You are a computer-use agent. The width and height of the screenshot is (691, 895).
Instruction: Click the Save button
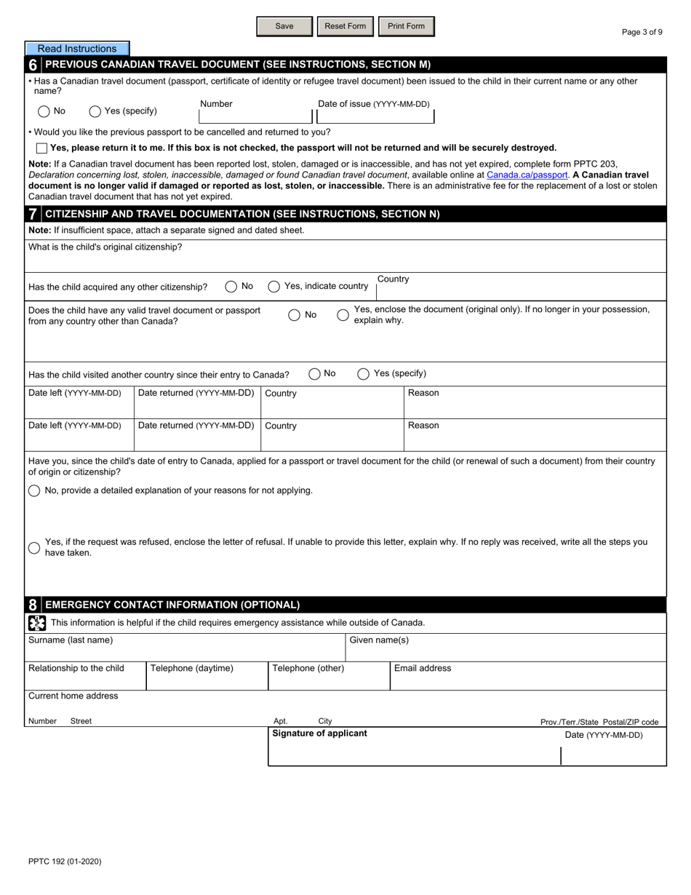[x=284, y=26]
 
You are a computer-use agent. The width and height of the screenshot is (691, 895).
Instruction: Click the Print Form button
[x=406, y=26]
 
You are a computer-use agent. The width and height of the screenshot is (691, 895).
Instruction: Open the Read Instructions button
[x=77, y=49]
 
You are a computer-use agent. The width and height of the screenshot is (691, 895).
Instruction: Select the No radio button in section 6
[x=44, y=111]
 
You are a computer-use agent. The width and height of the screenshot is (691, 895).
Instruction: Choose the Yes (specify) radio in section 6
[x=95, y=111]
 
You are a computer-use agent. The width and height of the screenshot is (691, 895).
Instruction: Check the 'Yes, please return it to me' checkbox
[x=41, y=148]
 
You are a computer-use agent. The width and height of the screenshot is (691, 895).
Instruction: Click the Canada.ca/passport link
[x=527, y=175]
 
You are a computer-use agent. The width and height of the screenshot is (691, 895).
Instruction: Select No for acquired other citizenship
[x=231, y=287]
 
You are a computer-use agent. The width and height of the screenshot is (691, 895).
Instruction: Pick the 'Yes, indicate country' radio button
[x=274, y=287]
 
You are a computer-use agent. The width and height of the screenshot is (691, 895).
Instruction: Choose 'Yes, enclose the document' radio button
[x=343, y=315]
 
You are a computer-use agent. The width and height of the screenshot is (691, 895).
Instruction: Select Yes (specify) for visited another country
[x=363, y=374]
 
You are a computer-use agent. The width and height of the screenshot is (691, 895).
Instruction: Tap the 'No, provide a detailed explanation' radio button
[x=34, y=490]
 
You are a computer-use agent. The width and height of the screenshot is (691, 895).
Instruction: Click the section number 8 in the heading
[x=33, y=605]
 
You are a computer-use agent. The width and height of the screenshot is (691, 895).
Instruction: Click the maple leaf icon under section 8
[x=36, y=623]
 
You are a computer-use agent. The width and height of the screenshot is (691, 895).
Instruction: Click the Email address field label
[x=423, y=668]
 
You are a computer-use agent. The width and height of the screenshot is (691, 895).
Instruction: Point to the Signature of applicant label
[x=319, y=733]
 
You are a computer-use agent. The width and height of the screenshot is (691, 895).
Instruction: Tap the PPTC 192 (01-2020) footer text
[x=65, y=862]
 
